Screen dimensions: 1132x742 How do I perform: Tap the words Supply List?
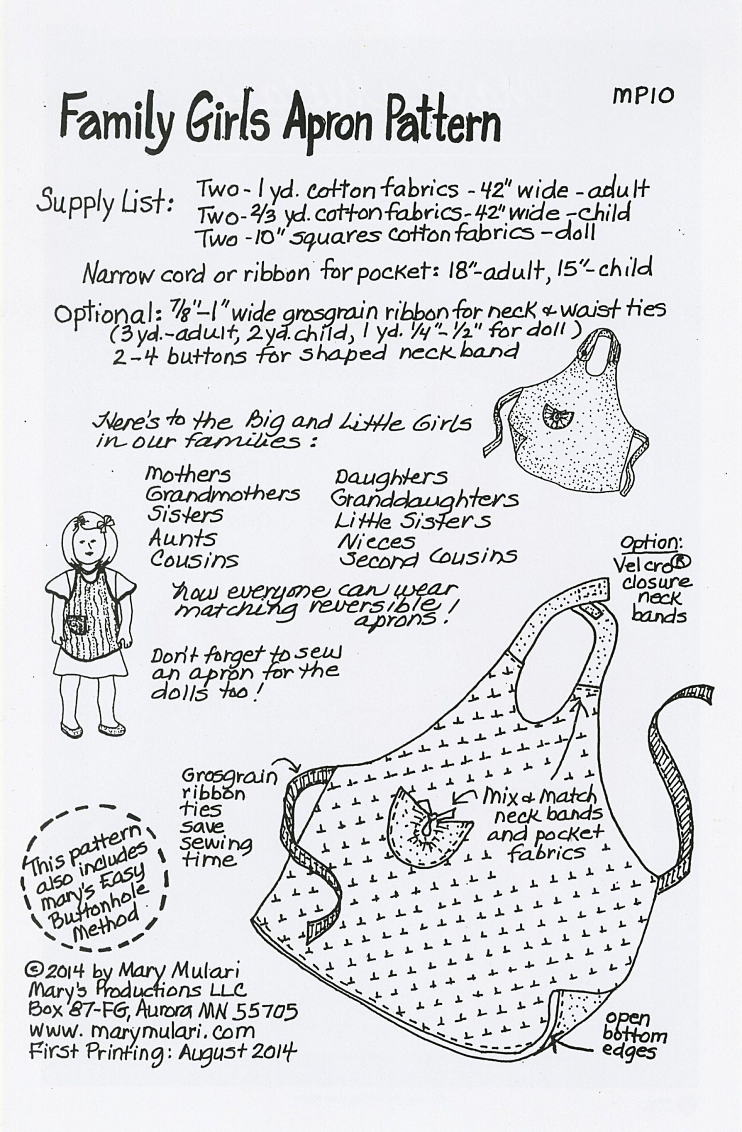tap(104, 202)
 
